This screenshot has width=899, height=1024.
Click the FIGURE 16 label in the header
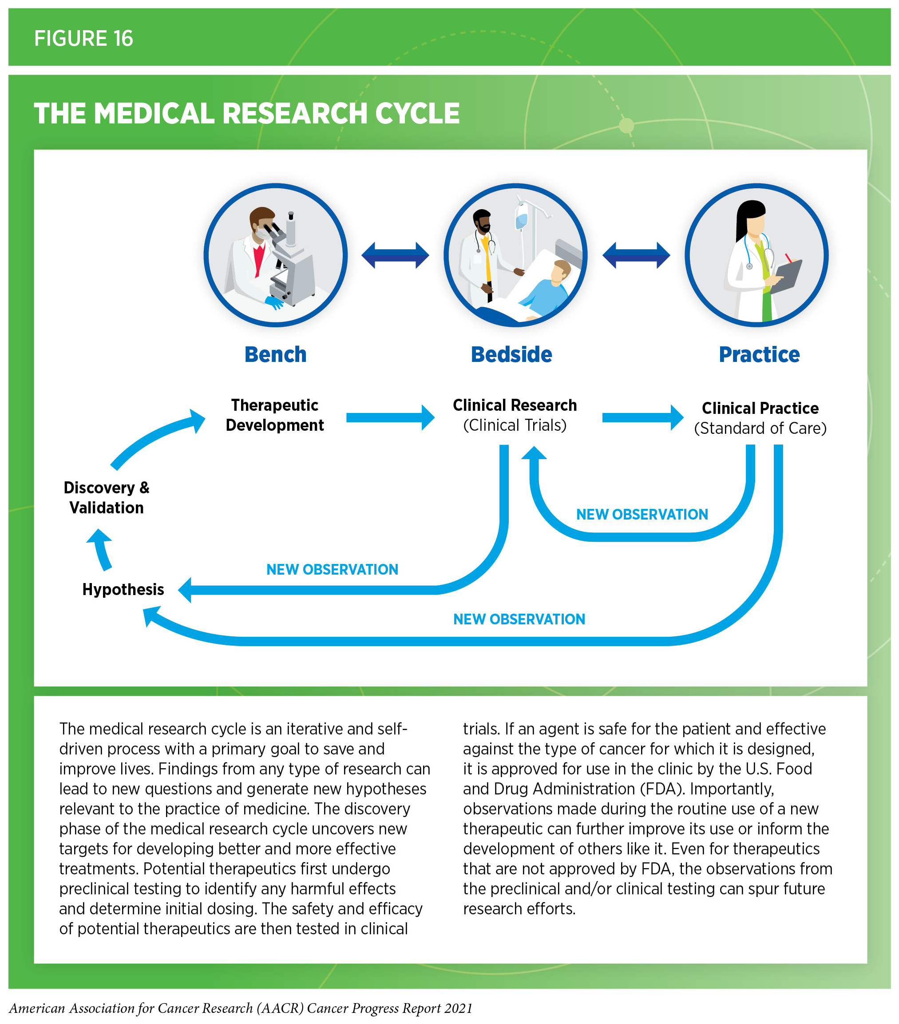(83, 39)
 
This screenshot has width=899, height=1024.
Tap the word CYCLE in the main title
(417, 113)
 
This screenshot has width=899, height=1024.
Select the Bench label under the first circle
(275, 355)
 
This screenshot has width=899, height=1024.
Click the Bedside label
(511, 355)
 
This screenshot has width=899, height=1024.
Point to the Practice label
(759, 355)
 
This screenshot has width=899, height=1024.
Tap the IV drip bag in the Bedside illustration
(522, 219)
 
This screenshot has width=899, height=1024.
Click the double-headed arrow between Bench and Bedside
(395, 255)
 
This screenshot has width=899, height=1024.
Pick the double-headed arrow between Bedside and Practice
(636, 255)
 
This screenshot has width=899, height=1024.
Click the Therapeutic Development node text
(274, 415)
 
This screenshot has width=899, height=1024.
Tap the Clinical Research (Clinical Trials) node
(515, 415)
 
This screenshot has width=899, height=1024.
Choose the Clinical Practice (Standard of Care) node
(760, 418)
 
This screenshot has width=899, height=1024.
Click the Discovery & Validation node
(106, 498)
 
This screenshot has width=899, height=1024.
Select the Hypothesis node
(123, 590)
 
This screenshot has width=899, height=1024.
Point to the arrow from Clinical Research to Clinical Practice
(642, 418)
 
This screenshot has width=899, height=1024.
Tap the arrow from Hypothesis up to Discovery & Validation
(102, 550)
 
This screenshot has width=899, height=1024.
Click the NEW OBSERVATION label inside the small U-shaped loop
(642, 515)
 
